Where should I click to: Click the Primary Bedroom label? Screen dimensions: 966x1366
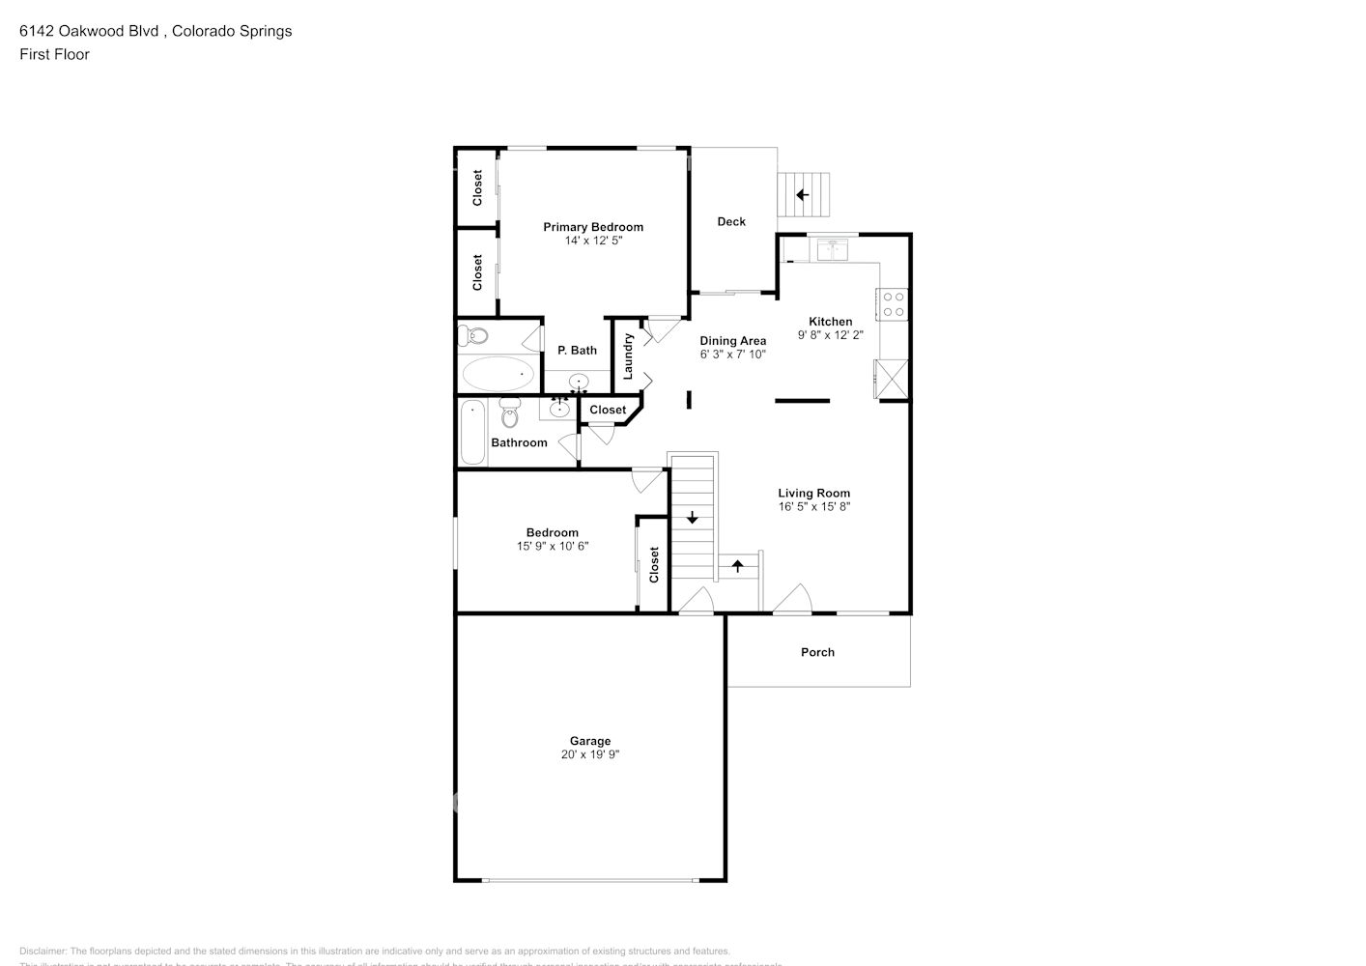coord(592,227)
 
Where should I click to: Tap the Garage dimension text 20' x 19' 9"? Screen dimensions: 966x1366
coord(589,754)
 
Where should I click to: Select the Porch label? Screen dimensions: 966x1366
coord(817,652)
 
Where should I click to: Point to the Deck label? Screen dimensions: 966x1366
coord(731,221)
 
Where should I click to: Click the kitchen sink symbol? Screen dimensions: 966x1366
coord(832,250)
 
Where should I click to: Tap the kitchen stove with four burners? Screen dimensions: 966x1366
coord(893,304)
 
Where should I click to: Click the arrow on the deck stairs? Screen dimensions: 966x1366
coord(802,194)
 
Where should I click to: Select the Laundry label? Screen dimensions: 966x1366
coord(628,355)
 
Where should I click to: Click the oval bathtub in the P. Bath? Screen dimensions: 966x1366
coord(497,373)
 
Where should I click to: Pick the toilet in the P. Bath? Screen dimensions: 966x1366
coord(473,336)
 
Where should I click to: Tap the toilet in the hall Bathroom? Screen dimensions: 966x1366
coord(510,412)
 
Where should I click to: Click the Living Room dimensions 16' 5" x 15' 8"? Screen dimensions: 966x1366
coord(813,506)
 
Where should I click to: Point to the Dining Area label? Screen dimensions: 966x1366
coord(732,340)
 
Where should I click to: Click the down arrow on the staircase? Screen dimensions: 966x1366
coord(693,519)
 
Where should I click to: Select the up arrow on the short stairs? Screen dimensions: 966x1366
coord(738,565)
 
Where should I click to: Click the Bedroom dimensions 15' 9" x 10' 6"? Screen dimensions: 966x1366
coord(552,546)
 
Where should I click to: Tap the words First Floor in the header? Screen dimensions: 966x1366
coord(54,54)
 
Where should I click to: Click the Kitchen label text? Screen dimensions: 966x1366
coord(830,322)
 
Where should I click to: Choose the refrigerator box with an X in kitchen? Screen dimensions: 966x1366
coord(891,379)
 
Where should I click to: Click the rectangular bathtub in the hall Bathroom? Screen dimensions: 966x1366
coord(472,432)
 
